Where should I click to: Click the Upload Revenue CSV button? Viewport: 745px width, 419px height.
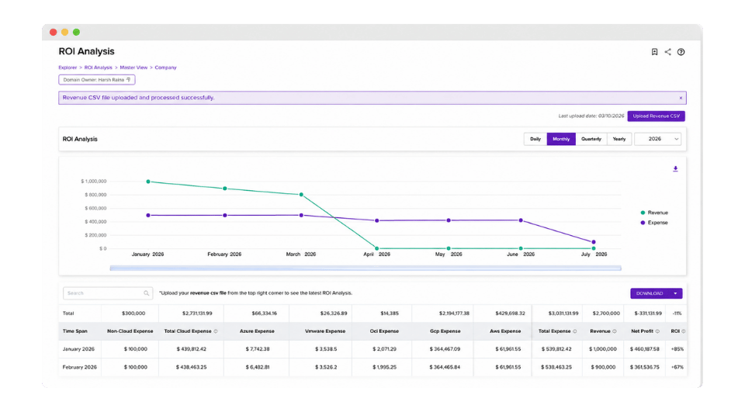click(656, 116)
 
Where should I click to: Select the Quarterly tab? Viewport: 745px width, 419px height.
click(591, 139)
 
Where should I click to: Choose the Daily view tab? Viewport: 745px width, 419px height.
click(535, 139)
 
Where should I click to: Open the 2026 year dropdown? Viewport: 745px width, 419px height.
click(657, 139)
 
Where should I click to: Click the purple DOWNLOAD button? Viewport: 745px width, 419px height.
click(657, 293)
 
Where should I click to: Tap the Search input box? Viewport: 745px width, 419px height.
click(108, 293)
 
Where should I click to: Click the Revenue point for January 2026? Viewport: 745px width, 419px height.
click(148, 182)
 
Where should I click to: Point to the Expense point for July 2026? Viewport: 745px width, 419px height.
click(594, 242)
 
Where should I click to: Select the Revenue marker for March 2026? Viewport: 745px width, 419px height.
click(301, 194)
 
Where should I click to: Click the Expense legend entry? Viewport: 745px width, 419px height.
click(654, 223)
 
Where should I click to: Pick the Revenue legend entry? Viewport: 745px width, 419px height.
click(654, 213)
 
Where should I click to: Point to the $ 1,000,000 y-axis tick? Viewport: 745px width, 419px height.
click(94, 182)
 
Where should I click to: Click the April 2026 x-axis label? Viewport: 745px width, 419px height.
click(377, 255)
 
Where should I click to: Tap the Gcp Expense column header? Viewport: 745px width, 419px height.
click(445, 331)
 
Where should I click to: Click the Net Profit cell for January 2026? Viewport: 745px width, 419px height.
click(645, 349)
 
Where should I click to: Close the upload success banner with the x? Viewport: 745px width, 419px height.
click(681, 98)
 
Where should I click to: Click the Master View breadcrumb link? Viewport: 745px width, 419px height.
click(133, 68)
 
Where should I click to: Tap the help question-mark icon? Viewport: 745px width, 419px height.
click(681, 52)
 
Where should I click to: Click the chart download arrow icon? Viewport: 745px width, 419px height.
click(675, 168)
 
